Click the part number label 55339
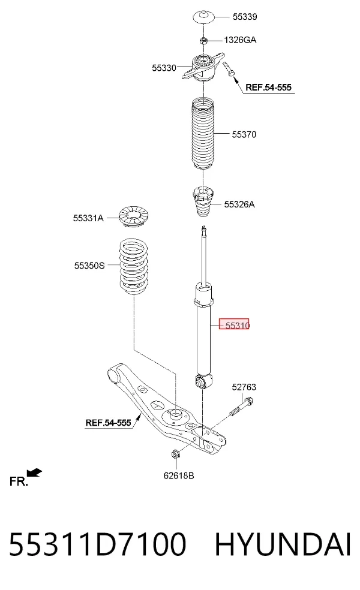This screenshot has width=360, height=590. (245, 17)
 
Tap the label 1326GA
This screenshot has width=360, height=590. (240, 40)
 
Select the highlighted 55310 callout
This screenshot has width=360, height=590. (234, 325)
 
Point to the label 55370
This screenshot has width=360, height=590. (244, 134)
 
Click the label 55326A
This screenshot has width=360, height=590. (239, 204)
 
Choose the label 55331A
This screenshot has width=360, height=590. (88, 218)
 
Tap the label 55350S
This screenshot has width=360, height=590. (89, 266)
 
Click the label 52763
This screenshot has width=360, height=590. (244, 387)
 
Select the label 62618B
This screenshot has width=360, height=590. (179, 475)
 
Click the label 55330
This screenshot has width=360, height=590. (164, 68)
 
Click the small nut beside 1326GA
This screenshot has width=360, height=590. (203, 40)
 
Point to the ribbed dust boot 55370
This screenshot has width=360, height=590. (203, 134)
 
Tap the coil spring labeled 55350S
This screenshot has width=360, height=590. (134, 266)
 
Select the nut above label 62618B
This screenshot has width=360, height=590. (175, 454)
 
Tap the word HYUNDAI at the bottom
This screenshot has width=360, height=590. (283, 544)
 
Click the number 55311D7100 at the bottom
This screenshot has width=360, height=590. (97, 544)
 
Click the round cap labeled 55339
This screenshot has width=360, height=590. (204, 17)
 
